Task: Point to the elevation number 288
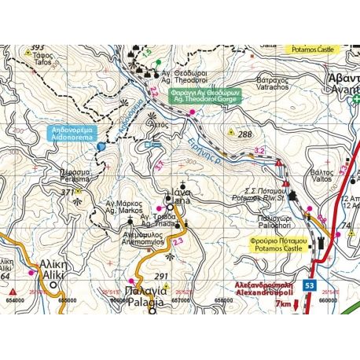click(x=245, y=134)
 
